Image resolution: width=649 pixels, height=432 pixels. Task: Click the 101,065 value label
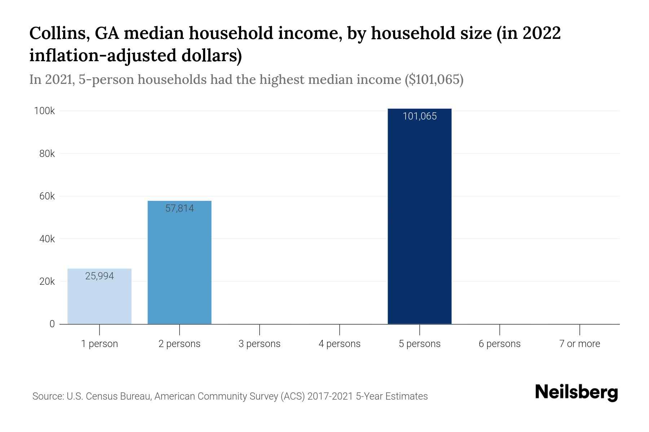(x=419, y=116)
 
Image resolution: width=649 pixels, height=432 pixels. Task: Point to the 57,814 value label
(x=180, y=208)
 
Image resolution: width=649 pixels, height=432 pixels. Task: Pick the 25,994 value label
(x=100, y=276)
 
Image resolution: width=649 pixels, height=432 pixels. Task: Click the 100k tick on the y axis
(x=44, y=111)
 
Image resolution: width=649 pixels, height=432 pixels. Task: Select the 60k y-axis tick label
(x=47, y=196)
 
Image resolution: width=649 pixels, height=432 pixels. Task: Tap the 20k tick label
(x=47, y=282)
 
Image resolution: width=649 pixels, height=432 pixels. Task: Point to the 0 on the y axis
(x=52, y=324)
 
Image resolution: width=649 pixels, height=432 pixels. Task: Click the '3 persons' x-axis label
(x=259, y=344)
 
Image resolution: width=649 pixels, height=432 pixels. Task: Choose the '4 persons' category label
(x=339, y=344)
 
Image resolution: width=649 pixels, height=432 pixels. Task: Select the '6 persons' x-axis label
(x=499, y=344)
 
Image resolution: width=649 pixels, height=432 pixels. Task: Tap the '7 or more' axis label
(x=579, y=344)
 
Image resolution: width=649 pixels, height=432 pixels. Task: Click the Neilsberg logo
(x=576, y=392)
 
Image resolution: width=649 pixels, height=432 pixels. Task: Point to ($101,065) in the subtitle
(x=434, y=79)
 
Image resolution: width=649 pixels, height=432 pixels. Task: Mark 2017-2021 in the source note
(x=330, y=396)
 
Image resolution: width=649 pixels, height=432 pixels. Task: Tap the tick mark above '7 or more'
(x=579, y=329)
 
